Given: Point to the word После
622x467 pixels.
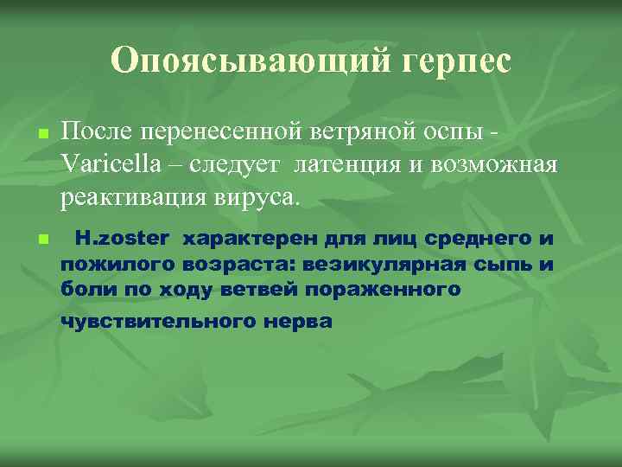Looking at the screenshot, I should click(x=94, y=132).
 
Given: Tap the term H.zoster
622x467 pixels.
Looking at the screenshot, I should click(x=125, y=237).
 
